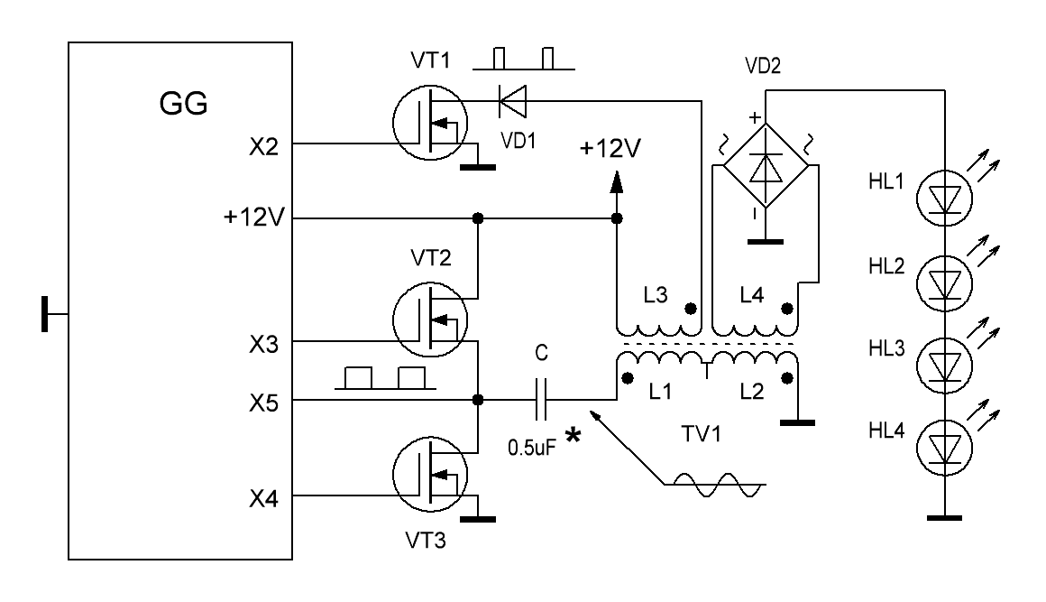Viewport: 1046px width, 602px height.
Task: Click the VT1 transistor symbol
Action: [429, 123]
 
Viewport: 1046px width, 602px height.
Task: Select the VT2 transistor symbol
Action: [429, 320]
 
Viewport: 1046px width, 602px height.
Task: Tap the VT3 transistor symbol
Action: [429, 475]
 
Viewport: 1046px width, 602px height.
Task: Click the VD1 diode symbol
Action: [512, 101]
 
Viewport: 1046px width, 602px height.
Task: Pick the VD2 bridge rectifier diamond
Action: [766, 165]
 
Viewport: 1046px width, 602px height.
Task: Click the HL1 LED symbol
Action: [945, 198]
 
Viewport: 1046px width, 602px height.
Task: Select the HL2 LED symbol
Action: [945, 283]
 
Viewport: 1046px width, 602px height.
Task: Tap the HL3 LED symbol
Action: [945, 365]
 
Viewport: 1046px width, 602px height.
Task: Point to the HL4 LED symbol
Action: [945, 447]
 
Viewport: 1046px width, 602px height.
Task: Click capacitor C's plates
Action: [541, 400]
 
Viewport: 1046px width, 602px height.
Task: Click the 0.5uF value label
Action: [532, 447]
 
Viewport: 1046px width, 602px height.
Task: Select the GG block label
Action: [183, 104]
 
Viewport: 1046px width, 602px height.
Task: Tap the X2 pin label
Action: [263, 146]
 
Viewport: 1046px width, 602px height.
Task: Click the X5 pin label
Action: [263, 403]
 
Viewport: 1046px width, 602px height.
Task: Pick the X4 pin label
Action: [263, 498]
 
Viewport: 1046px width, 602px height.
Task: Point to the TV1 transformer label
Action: [702, 434]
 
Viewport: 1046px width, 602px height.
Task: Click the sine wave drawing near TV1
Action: [715, 485]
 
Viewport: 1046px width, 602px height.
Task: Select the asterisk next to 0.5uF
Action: [573, 436]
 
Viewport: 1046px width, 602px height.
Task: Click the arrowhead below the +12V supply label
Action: [617, 181]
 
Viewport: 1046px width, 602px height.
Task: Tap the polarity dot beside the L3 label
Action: [691, 309]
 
